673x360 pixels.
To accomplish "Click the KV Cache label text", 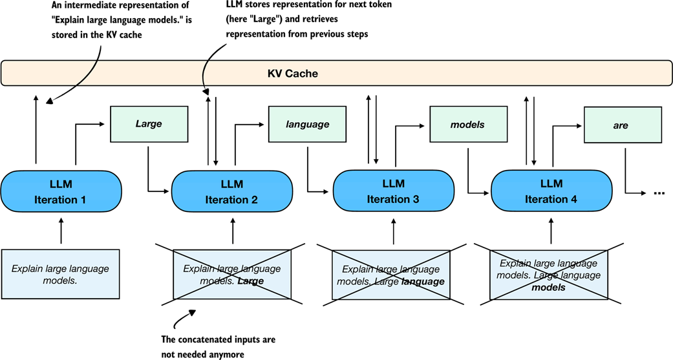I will [x=292, y=74].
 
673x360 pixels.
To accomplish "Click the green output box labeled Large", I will [x=149, y=125].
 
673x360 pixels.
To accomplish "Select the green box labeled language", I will [x=308, y=125].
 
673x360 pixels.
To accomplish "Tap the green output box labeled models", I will [x=467, y=125].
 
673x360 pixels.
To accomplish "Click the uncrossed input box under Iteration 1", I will [x=61, y=274].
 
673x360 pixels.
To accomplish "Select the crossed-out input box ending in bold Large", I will [x=231, y=274].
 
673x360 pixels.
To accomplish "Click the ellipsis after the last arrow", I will [x=659, y=193].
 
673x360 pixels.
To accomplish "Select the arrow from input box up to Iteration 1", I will [x=61, y=232].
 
